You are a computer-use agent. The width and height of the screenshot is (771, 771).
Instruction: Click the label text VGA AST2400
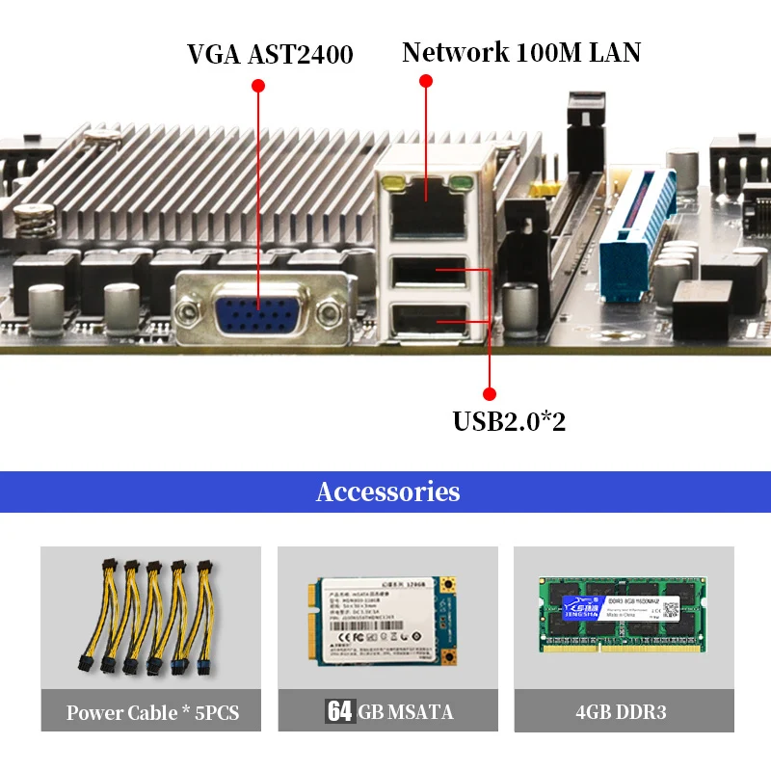pos(270,54)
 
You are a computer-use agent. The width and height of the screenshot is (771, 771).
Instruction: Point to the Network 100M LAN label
pos(521,52)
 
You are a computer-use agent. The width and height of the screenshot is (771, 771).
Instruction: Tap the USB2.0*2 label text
pos(522,421)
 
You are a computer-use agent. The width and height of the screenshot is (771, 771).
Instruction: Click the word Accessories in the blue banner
pos(387,492)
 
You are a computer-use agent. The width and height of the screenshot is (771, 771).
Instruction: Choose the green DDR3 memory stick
pos(623,612)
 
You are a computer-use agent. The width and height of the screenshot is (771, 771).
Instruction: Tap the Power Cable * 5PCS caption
pos(152,713)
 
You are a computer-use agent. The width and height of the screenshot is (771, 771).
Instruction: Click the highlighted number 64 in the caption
pos(339,712)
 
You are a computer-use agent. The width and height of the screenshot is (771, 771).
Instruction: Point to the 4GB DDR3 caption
pos(622,713)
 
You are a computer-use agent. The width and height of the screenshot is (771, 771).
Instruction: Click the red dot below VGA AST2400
pos(257,86)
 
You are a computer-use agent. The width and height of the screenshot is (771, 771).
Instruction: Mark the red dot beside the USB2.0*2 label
pos(489,393)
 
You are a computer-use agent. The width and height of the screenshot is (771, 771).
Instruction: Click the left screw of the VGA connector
pos(188,306)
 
